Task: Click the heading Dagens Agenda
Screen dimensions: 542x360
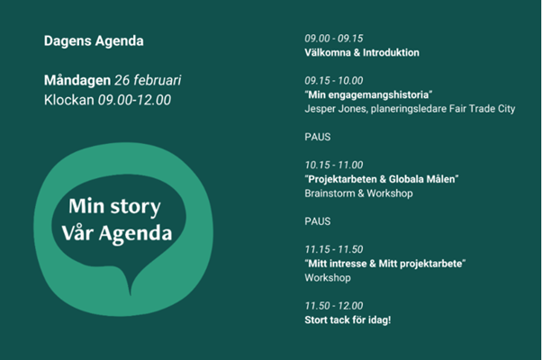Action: point(94,41)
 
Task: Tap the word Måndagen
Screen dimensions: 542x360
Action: point(77,80)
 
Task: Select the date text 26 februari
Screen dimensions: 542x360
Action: point(148,80)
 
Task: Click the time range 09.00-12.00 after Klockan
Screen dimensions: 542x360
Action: point(134,100)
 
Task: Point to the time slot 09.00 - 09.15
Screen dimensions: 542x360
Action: point(334,39)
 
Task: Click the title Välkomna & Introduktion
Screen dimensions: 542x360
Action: point(362,52)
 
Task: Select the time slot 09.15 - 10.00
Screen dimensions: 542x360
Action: point(334,80)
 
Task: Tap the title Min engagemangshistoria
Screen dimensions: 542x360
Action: point(368,95)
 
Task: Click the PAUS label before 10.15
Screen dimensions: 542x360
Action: point(318,137)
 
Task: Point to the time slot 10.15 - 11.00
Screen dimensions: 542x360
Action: point(334,165)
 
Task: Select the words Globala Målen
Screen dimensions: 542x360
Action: point(421,179)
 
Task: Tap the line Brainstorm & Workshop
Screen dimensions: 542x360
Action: point(359,193)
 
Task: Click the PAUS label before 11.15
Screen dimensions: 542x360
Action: point(318,221)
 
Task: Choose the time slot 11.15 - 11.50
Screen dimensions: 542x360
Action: point(334,249)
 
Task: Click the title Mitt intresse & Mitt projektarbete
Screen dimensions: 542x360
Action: point(385,264)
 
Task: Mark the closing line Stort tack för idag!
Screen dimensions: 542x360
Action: point(348,319)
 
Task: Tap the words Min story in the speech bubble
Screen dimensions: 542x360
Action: point(114,207)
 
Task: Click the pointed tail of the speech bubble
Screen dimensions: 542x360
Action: point(130,293)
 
